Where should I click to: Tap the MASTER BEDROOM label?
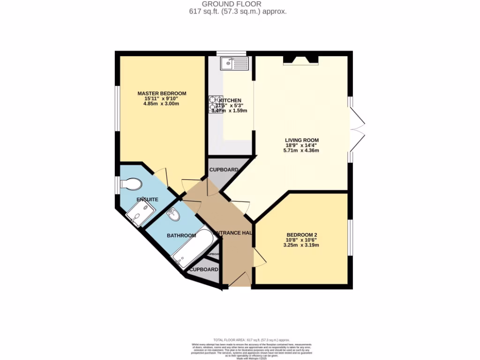pyautogui.click(x=162, y=93)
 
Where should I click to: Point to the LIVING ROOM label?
pyautogui.click(x=302, y=140)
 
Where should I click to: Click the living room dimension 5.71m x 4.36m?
pyautogui.click(x=301, y=150)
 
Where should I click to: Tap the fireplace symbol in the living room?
pyautogui.click(x=300, y=59)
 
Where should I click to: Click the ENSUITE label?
pyautogui.click(x=147, y=199)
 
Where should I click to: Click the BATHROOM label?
pyautogui.click(x=181, y=235)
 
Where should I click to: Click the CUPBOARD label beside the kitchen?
pyautogui.click(x=224, y=170)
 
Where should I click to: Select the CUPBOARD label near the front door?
pyautogui.click(x=204, y=270)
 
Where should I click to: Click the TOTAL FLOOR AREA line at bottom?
pyautogui.click(x=252, y=340)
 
